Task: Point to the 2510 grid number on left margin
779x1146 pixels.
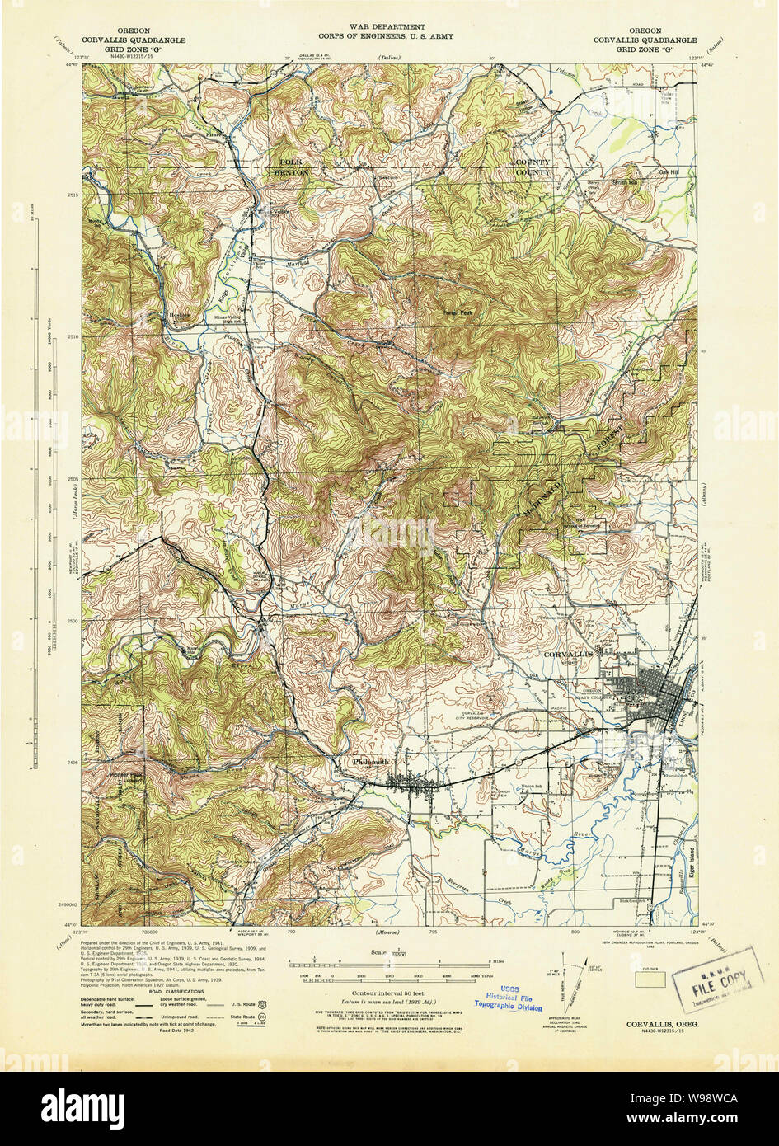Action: click(70, 337)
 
